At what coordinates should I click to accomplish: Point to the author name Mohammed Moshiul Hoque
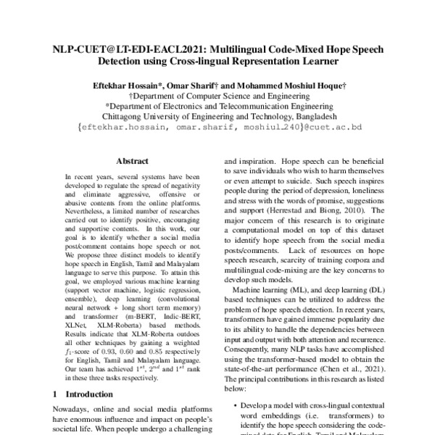pos(290,86)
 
